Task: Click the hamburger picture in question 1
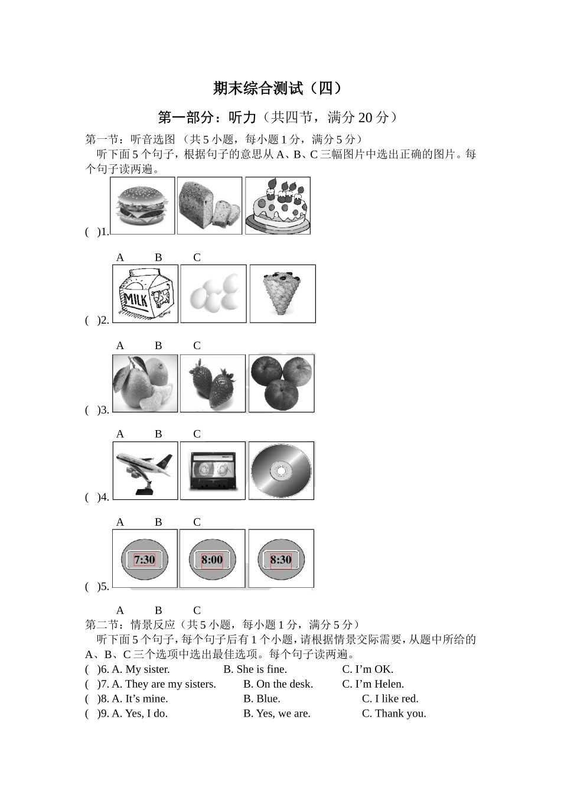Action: coord(142,205)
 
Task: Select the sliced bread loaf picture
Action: coord(210,205)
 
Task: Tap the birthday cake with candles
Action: coord(278,205)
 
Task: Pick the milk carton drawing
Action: coord(146,294)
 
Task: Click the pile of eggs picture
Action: coord(213,294)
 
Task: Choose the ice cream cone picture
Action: coord(282,294)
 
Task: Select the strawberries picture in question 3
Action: coord(213,383)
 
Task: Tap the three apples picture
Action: coord(281,383)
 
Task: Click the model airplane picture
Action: coord(145,470)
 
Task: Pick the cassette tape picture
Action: coord(213,470)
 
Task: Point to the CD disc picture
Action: coord(281,470)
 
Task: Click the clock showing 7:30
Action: coord(145,559)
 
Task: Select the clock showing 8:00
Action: coord(212,559)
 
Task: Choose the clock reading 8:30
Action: coord(281,559)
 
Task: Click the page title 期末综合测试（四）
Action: coord(278,89)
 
